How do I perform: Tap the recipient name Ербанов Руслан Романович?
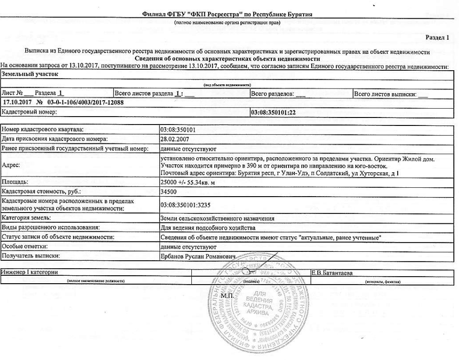pyautogui.click(x=196, y=256)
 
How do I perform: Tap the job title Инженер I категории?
pyautogui.click(x=29, y=272)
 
